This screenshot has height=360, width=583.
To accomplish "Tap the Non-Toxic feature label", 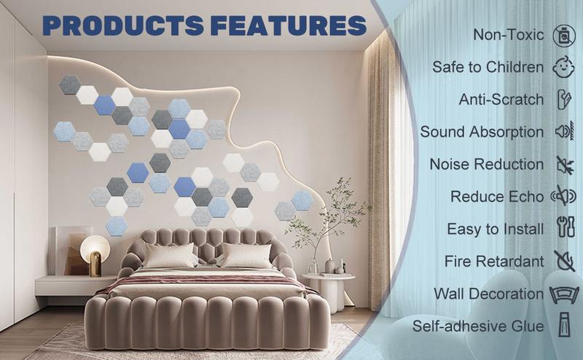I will [x=508, y=34].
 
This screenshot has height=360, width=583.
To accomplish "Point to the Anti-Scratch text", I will [x=501, y=99].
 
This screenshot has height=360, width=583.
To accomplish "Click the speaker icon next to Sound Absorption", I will [x=562, y=132].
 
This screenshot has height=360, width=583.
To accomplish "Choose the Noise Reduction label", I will [x=486, y=164].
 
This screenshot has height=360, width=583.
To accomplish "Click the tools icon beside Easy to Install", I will [x=562, y=228].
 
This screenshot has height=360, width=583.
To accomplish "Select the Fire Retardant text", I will [x=494, y=261].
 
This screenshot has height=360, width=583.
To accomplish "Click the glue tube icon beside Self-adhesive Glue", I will [x=562, y=326].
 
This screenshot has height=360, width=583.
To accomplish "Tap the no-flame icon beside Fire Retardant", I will [x=562, y=261].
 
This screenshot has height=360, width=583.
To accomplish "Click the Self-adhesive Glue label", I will [x=478, y=326].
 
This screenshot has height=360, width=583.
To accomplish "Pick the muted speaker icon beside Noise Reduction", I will [x=562, y=164].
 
